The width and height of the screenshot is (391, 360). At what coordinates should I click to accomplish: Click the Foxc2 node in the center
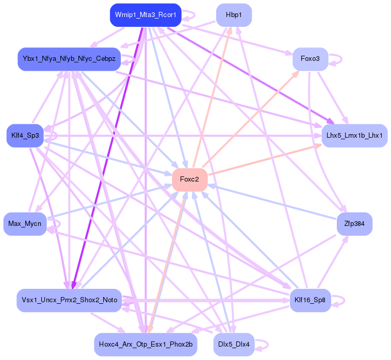[x=190, y=179]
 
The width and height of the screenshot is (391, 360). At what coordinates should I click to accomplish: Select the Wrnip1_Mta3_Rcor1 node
[x=145, y=15]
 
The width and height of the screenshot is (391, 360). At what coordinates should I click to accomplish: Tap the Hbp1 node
[x=234, y=15]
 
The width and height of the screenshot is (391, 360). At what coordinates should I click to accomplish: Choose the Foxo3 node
[x=310, y=59]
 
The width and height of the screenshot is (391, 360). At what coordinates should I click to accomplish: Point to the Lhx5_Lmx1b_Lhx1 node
[x=354, y=135]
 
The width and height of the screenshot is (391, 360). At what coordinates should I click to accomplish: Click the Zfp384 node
[x=354, y=224]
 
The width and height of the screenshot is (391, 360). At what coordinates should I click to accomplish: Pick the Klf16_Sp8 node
[x=310, y=300]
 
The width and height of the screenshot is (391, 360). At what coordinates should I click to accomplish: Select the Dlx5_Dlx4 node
[x=234, y=344]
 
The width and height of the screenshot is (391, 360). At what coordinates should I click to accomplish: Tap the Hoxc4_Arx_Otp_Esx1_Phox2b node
[x=145, y=344]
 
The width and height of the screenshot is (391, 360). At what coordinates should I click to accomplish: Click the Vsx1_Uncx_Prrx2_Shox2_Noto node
[x=69, y=300]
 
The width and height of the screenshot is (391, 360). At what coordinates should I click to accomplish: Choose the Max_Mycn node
[x=25, y=224]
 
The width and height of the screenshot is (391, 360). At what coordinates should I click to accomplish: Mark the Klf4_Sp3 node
[x=25, y=135]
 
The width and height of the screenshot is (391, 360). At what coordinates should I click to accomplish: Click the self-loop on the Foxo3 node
[x=338, y=59]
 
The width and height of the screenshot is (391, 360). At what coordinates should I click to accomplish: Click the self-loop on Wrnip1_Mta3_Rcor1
[x=191, y=15]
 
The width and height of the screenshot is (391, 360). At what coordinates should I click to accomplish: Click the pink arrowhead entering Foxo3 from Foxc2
[x=296, y=73]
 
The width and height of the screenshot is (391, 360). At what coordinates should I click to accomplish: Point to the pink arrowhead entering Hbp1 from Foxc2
[x=229, y=30]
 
